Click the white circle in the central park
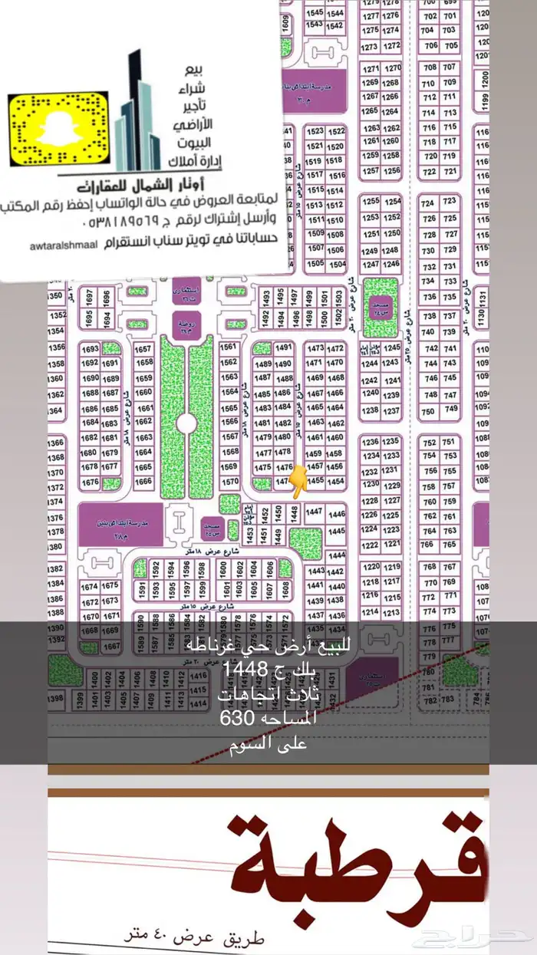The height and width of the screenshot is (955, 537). pos(184,423)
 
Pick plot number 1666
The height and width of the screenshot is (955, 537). pos(143,482)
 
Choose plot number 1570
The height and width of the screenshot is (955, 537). pos(229,482)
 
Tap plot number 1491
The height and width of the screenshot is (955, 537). pos(284,347)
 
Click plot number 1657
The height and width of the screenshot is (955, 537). pos(143,347)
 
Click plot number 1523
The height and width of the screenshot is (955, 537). pos(315,131)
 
